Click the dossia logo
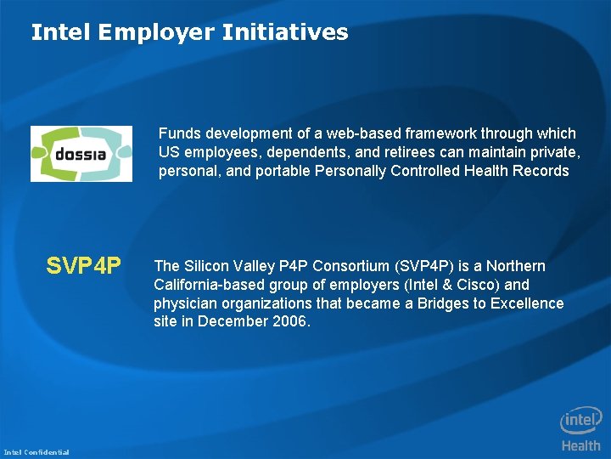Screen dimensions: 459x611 [x=81, y=154]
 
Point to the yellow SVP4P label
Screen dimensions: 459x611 [x=84, y=266]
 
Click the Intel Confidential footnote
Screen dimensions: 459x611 [x=36, y=451]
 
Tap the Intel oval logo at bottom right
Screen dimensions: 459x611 [x=580, y=421]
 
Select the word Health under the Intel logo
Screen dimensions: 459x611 [x=580, y=445]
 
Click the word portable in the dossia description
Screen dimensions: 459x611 [x=282, y=171]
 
